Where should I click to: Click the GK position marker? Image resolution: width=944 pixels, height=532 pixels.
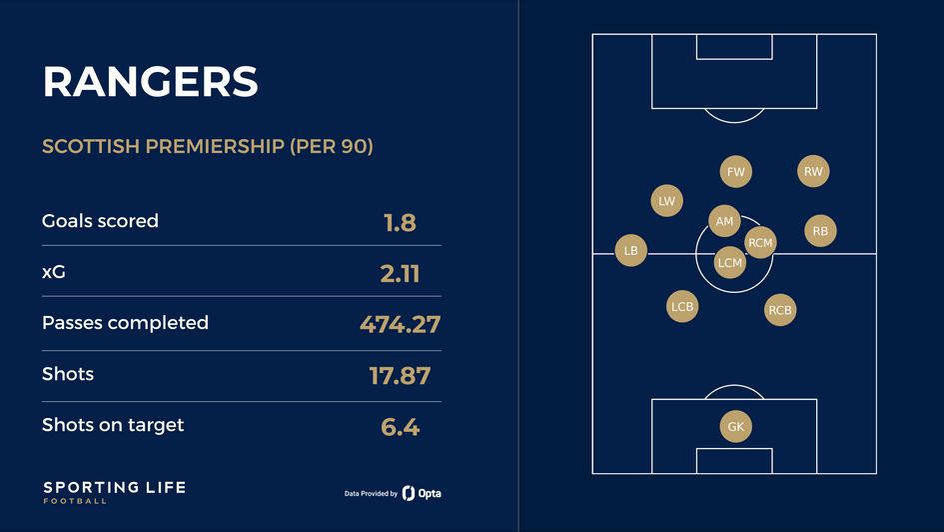(x=736, y=427)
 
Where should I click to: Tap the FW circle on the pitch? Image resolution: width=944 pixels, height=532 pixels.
(x=736, y=172)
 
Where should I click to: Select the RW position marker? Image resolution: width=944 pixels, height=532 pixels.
(x=813, y=172)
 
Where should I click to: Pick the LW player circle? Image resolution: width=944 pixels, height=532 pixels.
(x=666, y=201)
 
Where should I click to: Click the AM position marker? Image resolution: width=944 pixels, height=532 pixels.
(x=724, y=221)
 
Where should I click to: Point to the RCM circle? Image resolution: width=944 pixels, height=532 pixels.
(x=760, y=242)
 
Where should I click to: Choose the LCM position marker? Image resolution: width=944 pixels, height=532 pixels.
(x=730, y=263)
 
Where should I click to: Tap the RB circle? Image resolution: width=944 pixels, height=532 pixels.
(x=820, y=231)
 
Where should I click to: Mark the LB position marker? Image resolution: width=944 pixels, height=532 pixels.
(x=630, y=251)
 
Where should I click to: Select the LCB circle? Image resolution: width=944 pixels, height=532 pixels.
(x=682, y=307)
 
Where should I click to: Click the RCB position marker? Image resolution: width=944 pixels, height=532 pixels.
(x=780, y=311)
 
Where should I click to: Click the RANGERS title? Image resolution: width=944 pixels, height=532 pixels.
(x=150, y=82)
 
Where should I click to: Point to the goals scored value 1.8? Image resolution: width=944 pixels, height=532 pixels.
(x=400, y=222)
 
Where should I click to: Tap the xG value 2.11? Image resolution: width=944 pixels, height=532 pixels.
(x=400, y=273)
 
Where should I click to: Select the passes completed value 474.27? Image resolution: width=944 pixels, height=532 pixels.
(x=400, y=324)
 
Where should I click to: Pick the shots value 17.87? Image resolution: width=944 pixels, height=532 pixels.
(x=400, y=376)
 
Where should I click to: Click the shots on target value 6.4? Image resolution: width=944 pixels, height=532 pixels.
(x=400, y=427)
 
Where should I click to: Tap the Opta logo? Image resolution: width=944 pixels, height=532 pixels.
(x=422, y=493)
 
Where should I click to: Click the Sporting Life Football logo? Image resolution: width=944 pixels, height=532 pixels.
(x=114, y=491)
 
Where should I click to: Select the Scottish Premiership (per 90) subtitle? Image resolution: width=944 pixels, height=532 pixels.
(x=208, y=146)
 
